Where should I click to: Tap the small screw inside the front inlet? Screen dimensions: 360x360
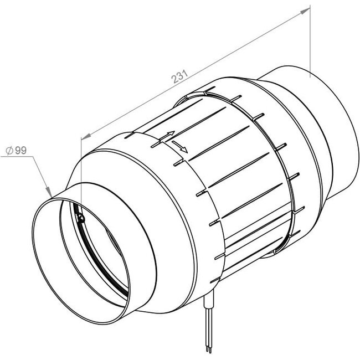[x=82, y=218]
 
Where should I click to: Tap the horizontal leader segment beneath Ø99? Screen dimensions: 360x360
[x=17, y=157]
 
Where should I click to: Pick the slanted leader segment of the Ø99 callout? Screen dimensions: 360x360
[x=41, y=174]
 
